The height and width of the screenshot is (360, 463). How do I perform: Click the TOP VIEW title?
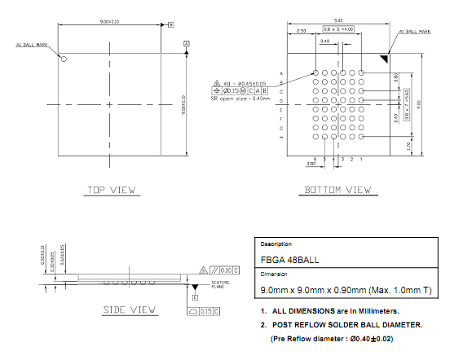[111, 191]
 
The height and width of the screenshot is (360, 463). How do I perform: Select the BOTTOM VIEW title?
[337, 191]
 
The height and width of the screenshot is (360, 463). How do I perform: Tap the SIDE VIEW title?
[130, 310]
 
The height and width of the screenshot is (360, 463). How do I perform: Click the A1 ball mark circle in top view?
[63, 59]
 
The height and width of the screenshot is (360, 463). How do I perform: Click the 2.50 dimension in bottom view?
[301, 30]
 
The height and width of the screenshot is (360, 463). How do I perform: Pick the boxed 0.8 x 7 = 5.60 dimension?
[407, 106]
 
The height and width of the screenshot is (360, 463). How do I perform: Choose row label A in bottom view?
[282, 73]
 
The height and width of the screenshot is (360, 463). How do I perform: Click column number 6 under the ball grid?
[315, 159]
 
